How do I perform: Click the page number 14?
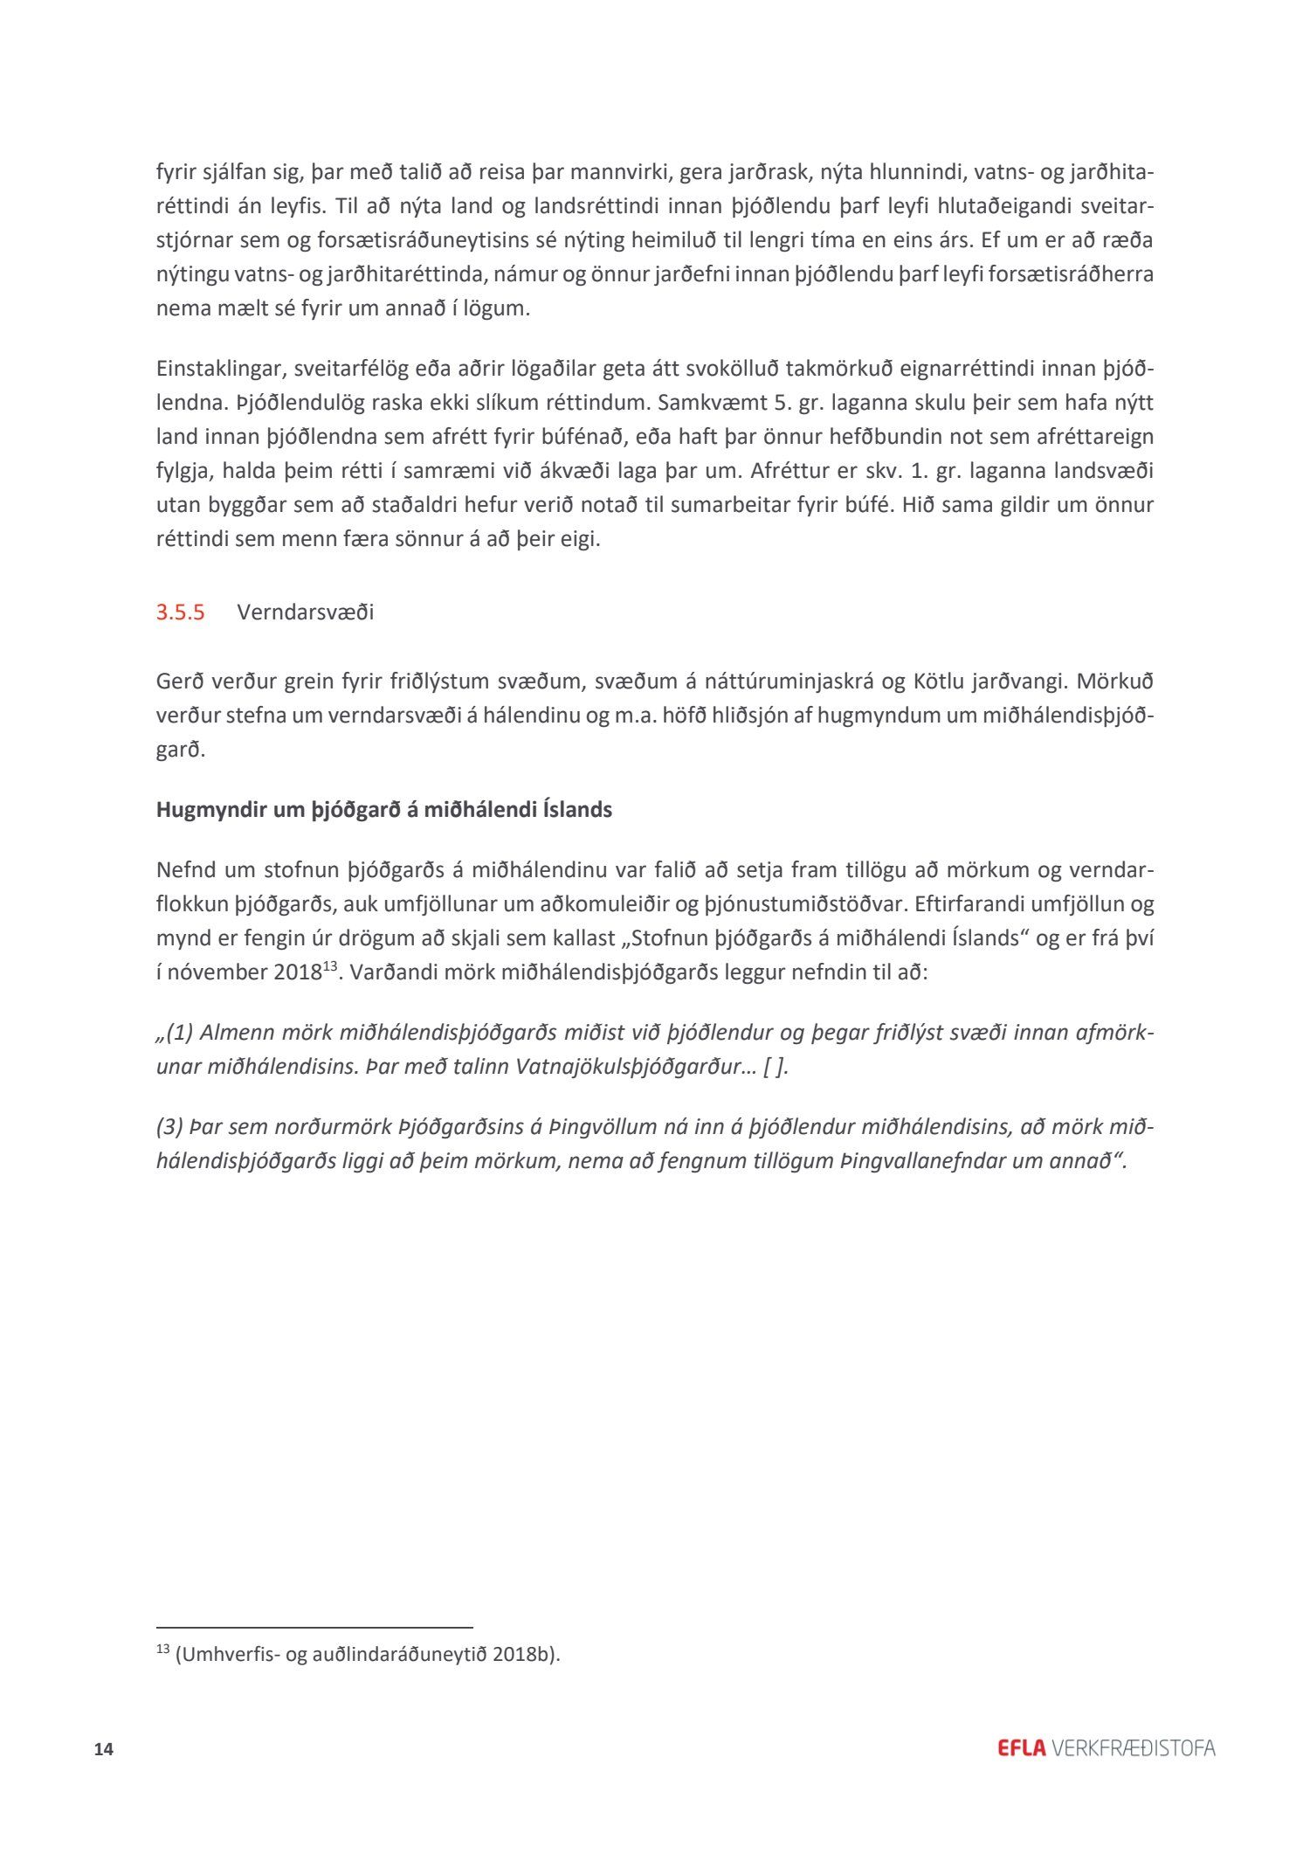(104, 1749)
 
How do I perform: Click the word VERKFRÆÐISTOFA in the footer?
(1134, 1748)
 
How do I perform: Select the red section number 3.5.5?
(181, 612)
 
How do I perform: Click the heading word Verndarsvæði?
(305, 612)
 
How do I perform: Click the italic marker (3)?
(170, 1127)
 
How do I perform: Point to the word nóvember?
(213, 972)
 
